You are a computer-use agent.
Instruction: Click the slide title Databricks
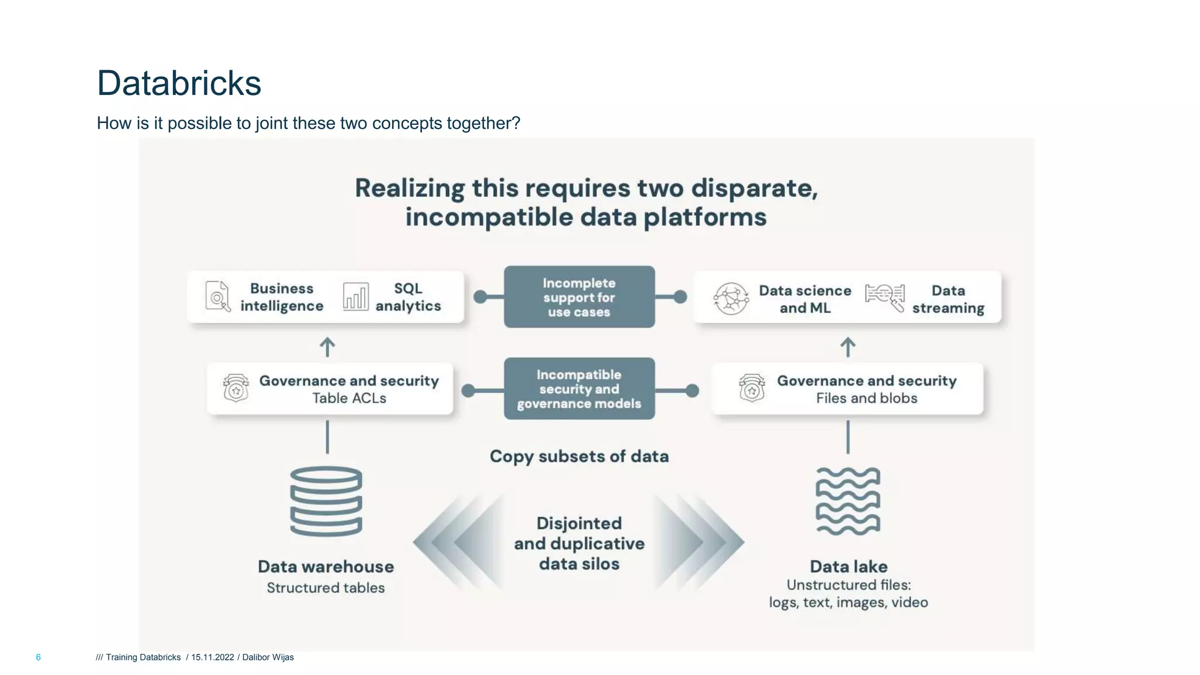tap(179, 83)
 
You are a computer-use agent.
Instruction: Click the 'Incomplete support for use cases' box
tap(579, 297)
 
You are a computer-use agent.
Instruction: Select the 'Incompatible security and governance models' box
tap(579, 388)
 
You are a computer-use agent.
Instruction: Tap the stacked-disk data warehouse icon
tap(326, 501)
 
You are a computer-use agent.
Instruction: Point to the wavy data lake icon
tap(848, 501)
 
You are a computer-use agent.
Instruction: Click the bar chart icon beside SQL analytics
tap(356, 296)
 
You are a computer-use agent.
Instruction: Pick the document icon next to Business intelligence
tap(217, 296)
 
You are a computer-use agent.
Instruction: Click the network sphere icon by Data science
tap(731, 298)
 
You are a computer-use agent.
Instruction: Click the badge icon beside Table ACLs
tap(236, 388)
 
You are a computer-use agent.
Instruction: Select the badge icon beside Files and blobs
tap(752, 388)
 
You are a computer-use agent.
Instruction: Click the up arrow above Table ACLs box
tap(327, 347)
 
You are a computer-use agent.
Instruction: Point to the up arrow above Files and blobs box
tap(848, 347)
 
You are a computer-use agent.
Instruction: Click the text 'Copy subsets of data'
tap(579, 456)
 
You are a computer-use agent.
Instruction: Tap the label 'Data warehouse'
tap(326, 567)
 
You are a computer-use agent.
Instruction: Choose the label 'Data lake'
tap(848, 567)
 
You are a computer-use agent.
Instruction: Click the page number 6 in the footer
tap(39, 657)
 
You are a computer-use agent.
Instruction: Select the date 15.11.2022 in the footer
tap(213, 657)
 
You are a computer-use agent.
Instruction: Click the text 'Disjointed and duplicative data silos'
tap(579, 543)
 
